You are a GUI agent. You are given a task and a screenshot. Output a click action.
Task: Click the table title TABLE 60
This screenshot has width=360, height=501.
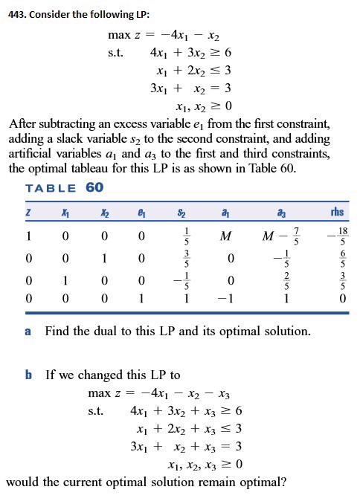point(65,187)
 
